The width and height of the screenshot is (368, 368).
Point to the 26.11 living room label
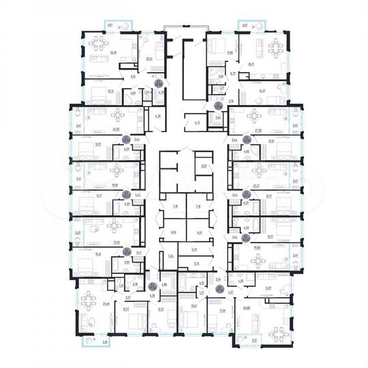251,63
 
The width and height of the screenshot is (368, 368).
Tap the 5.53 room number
203,166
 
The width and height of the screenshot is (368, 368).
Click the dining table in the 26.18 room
93,46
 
